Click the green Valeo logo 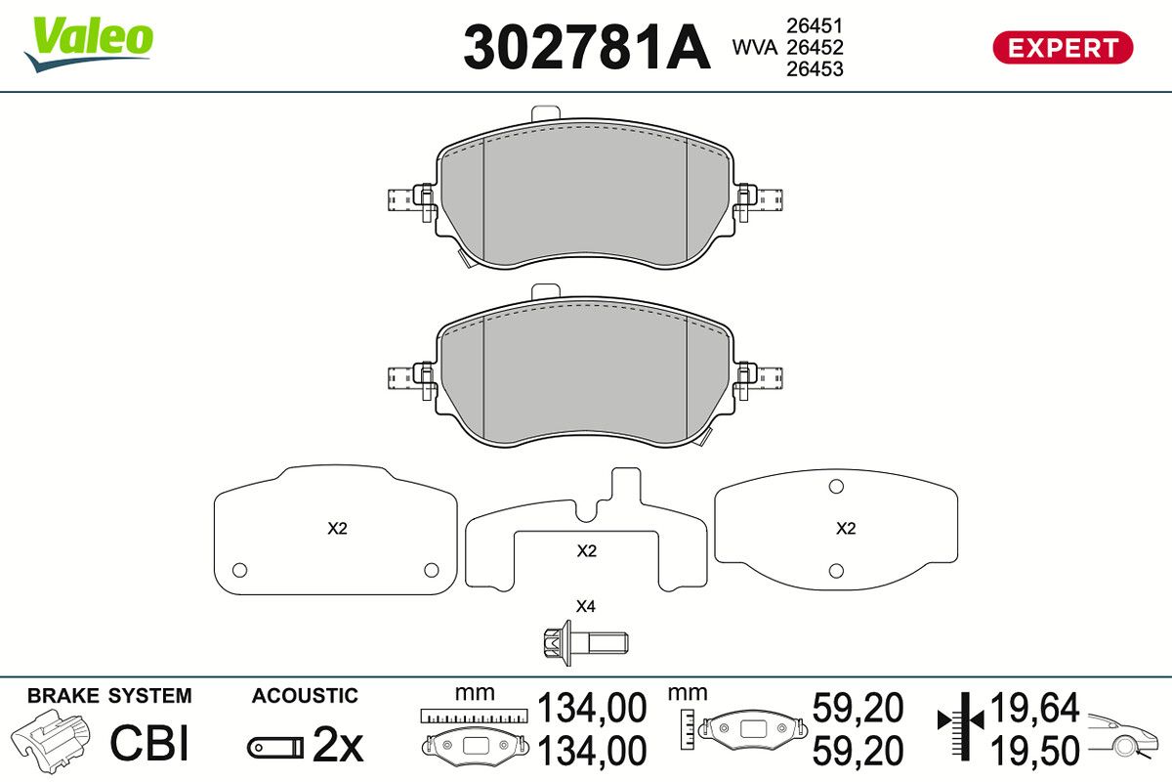(89, 44)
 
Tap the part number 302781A (587, 47)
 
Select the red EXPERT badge (1063, 48)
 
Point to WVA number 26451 (815, 25)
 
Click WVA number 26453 (815, 69)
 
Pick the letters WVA (754, 48)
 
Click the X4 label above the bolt (585, 606)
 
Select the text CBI (149, 743)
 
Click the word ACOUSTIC (305, 696)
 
